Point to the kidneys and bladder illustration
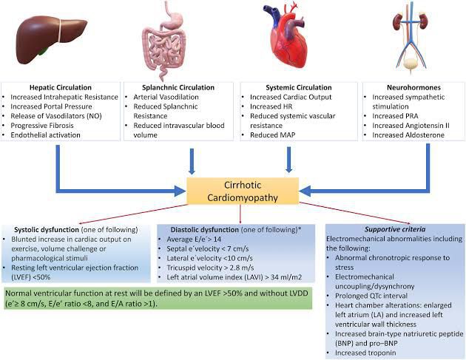tap(411, 41)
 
